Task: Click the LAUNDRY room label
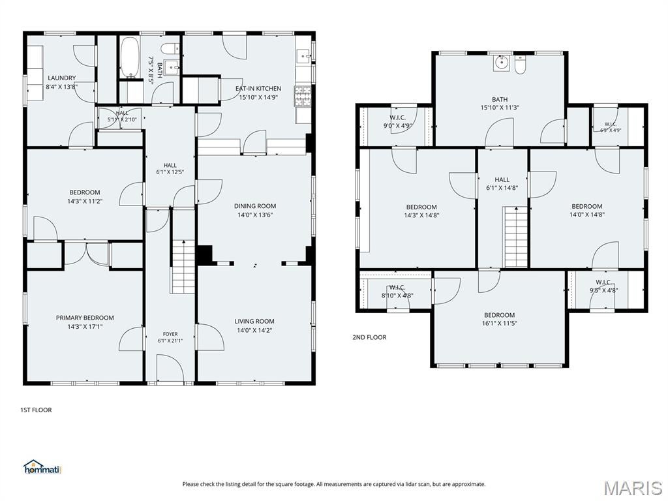coord(62,78)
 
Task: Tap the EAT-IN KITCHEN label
coord(258,89)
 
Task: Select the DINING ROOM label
coord(255,206)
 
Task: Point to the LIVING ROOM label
coord(254,321)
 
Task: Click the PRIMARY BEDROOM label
coord(85,318)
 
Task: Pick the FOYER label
coord(170,335)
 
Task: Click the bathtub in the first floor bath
coord(129,58)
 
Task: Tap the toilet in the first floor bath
coord(172,48)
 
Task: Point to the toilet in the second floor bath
coord(520,65)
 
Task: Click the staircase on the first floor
coord(183,267)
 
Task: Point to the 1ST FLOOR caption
coord(37,410)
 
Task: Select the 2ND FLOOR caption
coord(369,337)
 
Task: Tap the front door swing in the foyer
coord(170,367)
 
